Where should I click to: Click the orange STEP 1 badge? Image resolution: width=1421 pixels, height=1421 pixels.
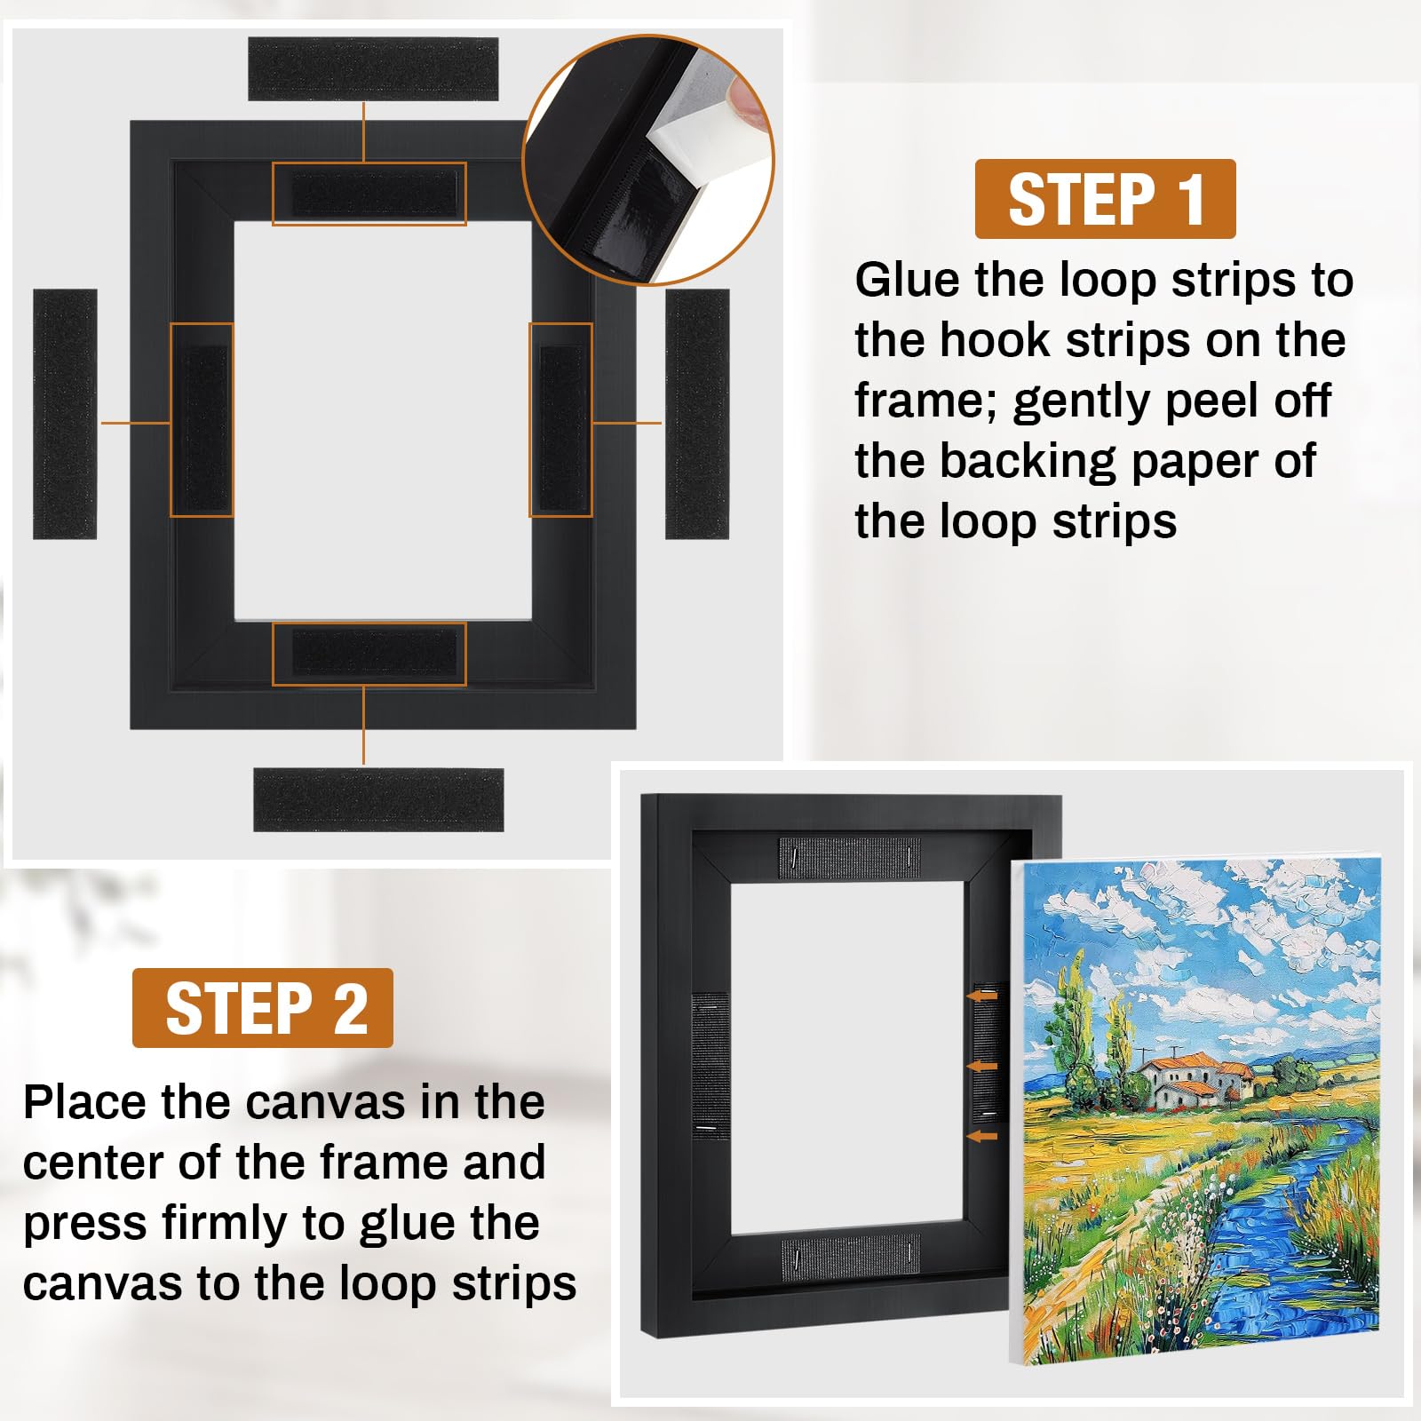tap(1105, 199)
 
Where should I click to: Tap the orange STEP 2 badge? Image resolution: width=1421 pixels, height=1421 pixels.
tap(263, 1008)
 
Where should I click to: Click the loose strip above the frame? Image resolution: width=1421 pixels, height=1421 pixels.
tap(373, 68)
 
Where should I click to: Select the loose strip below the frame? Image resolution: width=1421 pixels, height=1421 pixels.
tap(378, 799)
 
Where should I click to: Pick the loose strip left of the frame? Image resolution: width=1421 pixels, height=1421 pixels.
tap(65, 414)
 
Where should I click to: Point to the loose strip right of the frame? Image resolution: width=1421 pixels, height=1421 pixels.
tap(697, 414)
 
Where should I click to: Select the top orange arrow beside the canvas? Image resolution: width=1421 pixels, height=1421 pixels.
tap(982, 996)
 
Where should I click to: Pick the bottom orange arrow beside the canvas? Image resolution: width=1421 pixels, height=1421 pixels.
tap(982, 1136)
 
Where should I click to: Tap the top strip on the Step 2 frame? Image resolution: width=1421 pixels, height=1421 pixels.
tap(849, 856)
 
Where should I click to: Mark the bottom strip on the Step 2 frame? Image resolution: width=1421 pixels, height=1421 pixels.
tap(851, 1253)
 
